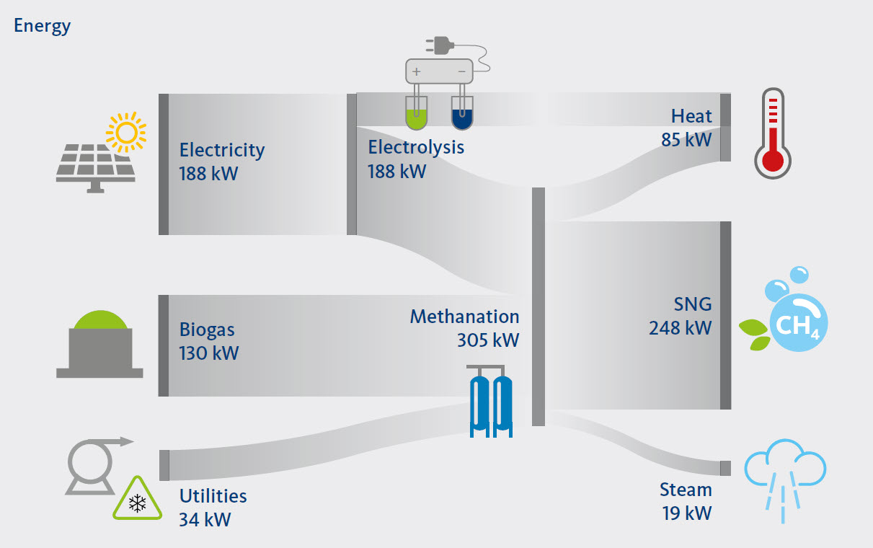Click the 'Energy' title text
pos(43,26)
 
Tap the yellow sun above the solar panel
pos(125,132)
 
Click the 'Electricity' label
pos(222,150)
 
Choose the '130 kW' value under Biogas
pos(209,353)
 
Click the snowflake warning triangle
pos(136,500)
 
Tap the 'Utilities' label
pos(213,496)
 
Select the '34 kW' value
pos(205,519)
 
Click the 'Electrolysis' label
pos(416,147)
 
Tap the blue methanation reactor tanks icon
pos(491,405)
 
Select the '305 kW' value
pos(487,340)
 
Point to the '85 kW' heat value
pos(686,139)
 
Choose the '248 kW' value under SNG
pos(680,327)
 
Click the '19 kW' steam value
pos(687,513)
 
